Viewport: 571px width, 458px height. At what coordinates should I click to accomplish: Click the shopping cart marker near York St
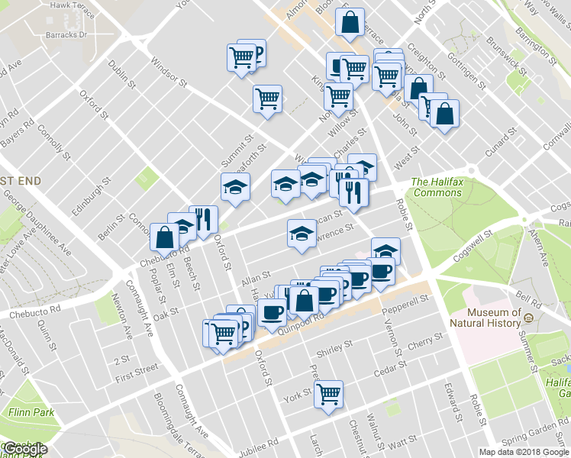[329, 394]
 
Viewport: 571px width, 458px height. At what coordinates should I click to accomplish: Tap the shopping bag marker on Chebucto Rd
[165, 237]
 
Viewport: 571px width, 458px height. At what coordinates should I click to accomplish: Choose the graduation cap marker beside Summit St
[235, 187]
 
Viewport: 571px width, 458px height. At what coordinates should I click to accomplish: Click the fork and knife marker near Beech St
[202, 220]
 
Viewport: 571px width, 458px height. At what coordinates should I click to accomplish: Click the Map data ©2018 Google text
[524, 451]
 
